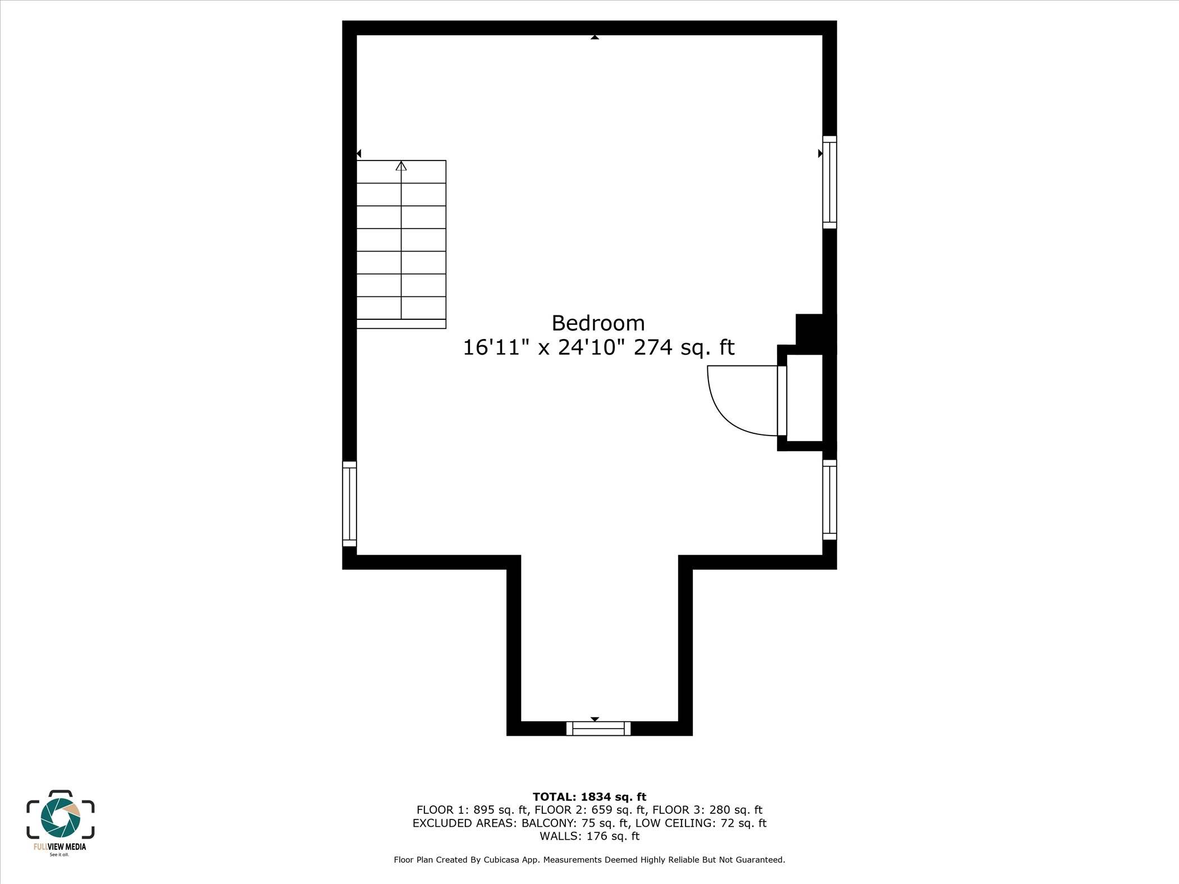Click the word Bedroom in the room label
tap(598, 323)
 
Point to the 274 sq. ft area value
tap(684, 348)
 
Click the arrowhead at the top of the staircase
tap(401, 166)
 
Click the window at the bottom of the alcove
tap(598, 729)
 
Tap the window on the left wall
tap(349, 503)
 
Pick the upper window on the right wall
tap(829, 182)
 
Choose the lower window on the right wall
tap(829, 500)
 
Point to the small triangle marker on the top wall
tap(595, 38)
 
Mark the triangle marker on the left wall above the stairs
tap(359, 153)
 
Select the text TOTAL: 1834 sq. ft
tap(589, 797)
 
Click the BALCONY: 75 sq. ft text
tap(575, 823)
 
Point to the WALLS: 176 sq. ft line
tap(589, 836)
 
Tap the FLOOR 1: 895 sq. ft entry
tap(472, 810)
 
